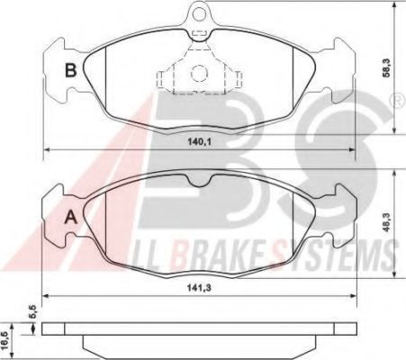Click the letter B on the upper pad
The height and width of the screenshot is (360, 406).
71,70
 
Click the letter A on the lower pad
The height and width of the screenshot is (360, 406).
71,217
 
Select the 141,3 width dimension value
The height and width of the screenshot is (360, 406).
199,288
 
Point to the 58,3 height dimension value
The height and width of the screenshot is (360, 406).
386,67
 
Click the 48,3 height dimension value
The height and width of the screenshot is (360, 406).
387,222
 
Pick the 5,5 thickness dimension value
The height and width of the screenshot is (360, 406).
33,311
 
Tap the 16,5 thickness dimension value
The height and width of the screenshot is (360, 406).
4,341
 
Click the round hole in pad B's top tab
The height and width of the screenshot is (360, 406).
199,13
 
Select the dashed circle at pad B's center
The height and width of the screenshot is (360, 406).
199,73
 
